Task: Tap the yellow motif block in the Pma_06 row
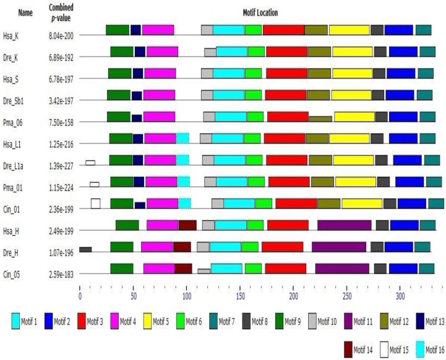354,117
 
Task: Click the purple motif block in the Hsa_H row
344,225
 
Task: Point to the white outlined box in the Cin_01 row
95,204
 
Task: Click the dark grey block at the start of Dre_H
85,249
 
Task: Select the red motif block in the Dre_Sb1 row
286,95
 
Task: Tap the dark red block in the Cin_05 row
183,268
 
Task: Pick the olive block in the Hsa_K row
315,30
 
